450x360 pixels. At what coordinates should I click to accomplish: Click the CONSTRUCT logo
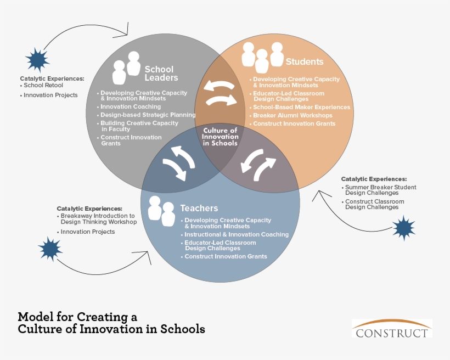coord(391,328)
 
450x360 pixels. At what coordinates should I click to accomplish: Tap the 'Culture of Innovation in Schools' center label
coord(221,137)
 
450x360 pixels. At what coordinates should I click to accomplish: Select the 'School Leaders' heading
coord(159,74)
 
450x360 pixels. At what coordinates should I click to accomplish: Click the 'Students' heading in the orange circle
coord(305,61)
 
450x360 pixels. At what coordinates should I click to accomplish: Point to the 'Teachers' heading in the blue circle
coord(199,209)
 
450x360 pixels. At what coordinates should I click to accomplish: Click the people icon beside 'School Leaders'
coord(126,67)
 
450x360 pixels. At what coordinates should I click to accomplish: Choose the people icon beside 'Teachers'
coord(161,211)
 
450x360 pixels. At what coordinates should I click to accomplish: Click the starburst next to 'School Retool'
coord(37,60)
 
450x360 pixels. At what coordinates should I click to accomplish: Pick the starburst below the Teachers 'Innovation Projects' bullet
coord(50,249)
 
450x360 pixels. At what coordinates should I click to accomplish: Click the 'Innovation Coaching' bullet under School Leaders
coord(131,106)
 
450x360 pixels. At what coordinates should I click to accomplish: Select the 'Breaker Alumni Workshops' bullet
coord(292,116)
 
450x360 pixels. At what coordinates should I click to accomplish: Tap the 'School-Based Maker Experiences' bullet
coord(301,108)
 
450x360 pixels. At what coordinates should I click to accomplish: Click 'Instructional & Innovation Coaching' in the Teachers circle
coord(236,234)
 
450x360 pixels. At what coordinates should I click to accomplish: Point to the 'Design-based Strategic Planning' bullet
coord(148,115)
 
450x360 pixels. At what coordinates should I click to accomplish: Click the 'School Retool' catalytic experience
coord(43,86)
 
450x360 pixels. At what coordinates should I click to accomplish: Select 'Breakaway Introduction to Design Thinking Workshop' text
coord(99,219)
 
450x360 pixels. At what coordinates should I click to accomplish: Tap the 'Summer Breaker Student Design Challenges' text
coord(380,190)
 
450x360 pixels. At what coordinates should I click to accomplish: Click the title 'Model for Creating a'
coord(77,317)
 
